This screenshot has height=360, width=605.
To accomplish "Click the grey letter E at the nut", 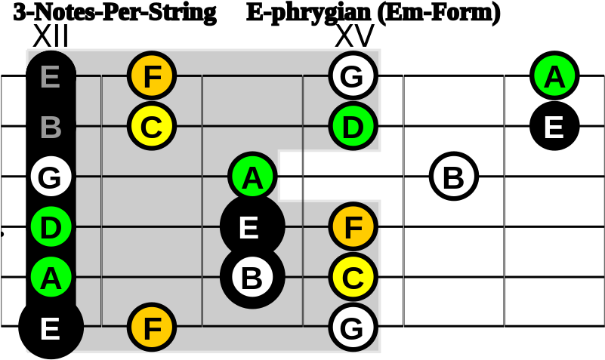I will (x=50, y=76).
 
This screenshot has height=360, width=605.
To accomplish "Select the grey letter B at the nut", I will (x=50, y=127).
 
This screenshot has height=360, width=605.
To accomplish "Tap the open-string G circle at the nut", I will (x=51, y=177).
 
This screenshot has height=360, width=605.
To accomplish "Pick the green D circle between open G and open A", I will (x=51, y=227).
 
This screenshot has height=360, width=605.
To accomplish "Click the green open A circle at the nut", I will (x=51, y=278).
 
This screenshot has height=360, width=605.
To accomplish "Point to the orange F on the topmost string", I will (x=152, y=76).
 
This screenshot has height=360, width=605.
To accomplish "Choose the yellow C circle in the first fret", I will (x=152, y=126).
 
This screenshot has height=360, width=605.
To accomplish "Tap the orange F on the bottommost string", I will (x=152, y=328).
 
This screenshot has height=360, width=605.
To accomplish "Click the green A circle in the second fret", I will (x=252, y=177).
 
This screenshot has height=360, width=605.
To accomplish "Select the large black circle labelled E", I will (x=252, y=226).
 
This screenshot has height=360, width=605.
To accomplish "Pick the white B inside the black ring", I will (x=252, y=277).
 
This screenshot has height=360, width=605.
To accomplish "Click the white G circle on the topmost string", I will (x=353, y=76).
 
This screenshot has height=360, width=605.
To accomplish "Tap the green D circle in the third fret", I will (x=353, y=126).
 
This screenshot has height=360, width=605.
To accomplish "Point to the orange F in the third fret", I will (x=353, y=226).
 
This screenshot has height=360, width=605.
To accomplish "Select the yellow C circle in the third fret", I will (x=353, y=277).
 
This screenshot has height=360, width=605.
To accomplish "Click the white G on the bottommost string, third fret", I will (x=353, y=328).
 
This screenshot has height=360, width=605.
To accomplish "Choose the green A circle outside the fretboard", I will (x=554, y=76).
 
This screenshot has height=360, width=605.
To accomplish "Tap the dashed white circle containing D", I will (x=554, y=277).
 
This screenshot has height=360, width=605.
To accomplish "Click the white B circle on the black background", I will (x=454, y=177).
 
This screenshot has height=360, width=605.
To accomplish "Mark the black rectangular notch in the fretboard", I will (x=330, y=176).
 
